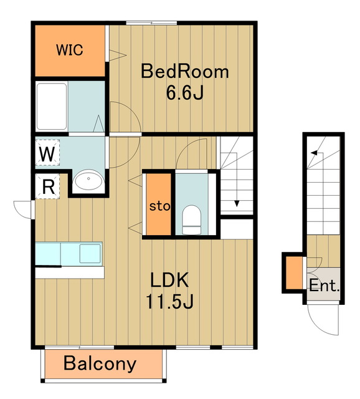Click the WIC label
[69, 50]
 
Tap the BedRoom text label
[185, 72]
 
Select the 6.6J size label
[185, 93]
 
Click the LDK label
[169, 280]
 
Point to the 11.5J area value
[169, 301]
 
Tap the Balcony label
[100, 364]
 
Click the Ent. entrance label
[324, 286]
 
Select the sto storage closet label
[159, 206]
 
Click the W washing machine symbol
[47, 153]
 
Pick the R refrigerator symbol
[47, 186]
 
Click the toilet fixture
[191, 219]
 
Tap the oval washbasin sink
[88, 180]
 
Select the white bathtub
[52, 107]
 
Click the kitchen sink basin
[90, 254]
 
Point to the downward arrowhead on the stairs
[237, 204]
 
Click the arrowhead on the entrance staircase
[315, 153]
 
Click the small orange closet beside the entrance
[294, 273]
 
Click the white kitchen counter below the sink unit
[70, 272]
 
